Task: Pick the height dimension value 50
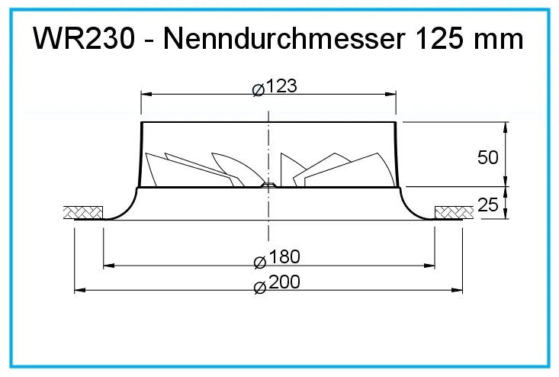(x=487, y=158)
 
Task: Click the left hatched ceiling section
(x=82, y=211)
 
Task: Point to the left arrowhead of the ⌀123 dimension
(x=146, y=94)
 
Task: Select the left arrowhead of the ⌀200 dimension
(x=78, y=290)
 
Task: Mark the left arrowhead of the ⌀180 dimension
(x=108, y=266)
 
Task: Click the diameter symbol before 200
(x=259, y=285)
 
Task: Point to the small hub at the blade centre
(x=268, y=184)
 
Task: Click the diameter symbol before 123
(x=258, y=89)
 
